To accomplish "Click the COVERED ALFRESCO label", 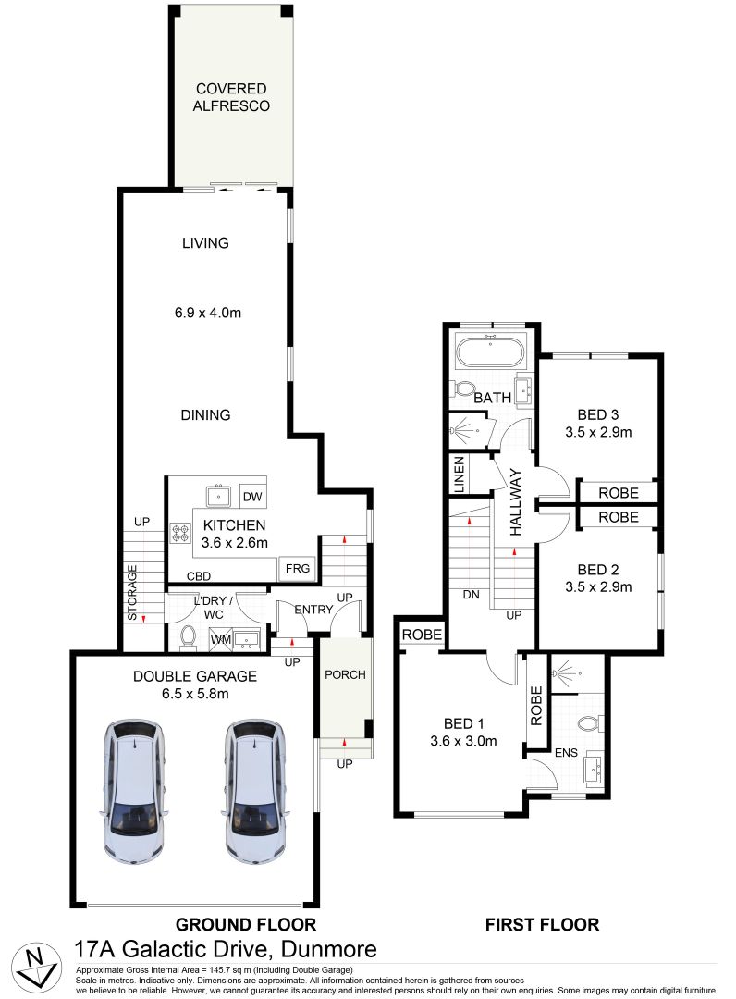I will tap(231, 97).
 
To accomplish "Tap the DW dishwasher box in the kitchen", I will tap(252, 497).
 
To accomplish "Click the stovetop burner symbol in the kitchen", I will tap(179, 535).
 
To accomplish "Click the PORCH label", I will tap(344, 674).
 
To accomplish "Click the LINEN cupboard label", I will tap(458, 474).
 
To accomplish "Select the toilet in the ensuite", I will tap(588, 722).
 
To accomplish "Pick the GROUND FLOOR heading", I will tap(246, 924).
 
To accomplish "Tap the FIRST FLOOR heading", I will tap(543, 924).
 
